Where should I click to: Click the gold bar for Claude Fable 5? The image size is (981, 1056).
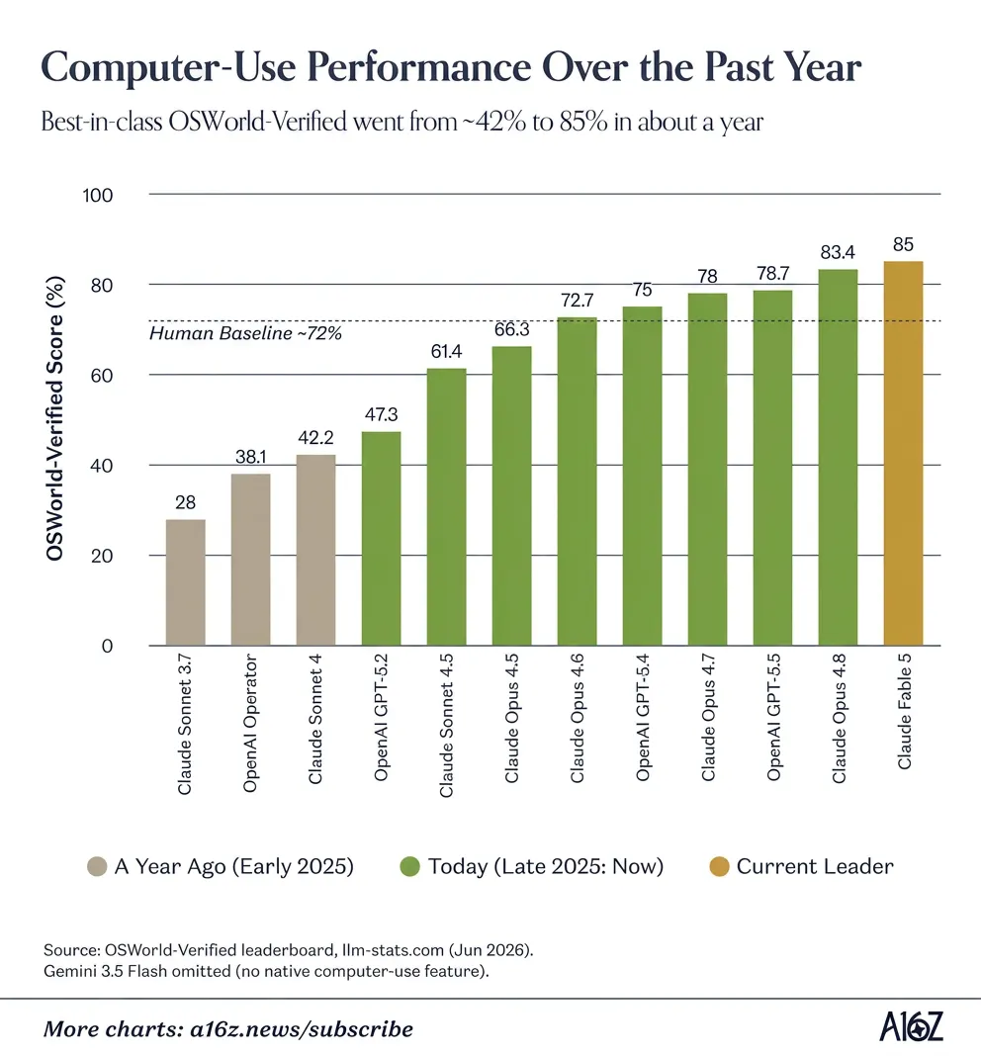(x=903, y=453)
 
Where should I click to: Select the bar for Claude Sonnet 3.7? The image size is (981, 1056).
(x=185, y=582)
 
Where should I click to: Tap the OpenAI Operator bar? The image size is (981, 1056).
(x=250, y=560)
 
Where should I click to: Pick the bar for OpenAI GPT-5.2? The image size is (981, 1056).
(x=382, y=539)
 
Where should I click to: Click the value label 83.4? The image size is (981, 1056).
(x=838, y=252)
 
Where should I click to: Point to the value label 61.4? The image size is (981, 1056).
(x=446, y=352)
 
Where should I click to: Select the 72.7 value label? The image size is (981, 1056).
(x=578, y=301)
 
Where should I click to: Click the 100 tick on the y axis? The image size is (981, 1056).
(x=98, y=196)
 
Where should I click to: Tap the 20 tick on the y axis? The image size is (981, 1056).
(x=102, y=556)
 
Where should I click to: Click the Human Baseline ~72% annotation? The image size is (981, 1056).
(x=246, y=333)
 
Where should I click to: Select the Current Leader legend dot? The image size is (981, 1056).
(x=720, y=866)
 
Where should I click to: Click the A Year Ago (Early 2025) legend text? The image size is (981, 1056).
(x=233, y=866)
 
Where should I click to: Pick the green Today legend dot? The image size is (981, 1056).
(x=409, y=866)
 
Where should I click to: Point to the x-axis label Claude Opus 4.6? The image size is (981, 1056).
(x=578, y=718)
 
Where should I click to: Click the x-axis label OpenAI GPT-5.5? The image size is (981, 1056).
(x=773, y=717)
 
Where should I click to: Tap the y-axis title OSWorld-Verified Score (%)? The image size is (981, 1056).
(x=54, y=418)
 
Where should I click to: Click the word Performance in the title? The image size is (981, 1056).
(x=419, y=67)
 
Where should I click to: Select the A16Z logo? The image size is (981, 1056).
(x=912, y=1026)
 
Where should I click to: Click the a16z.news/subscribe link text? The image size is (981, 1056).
(x=302, y=1029)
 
